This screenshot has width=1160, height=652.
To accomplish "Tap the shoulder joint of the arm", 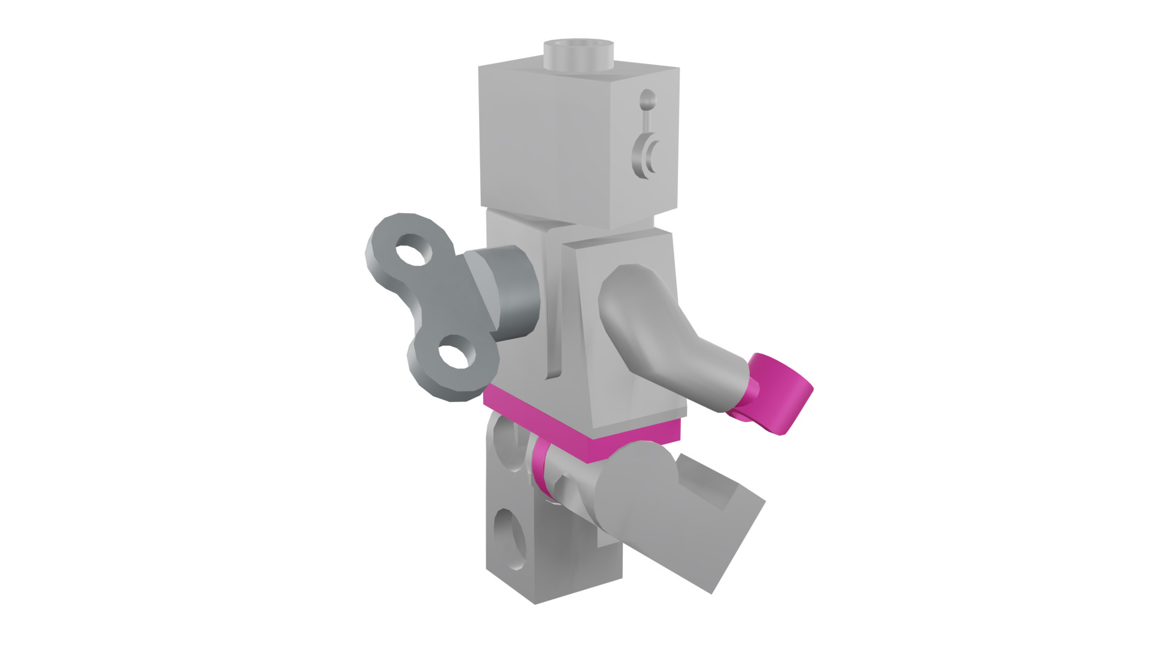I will pos(628,290).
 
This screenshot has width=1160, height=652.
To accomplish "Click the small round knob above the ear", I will pos(647,100).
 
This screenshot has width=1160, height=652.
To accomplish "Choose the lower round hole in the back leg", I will pos(511,539).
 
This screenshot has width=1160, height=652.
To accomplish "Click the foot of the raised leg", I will pos(725,537).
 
